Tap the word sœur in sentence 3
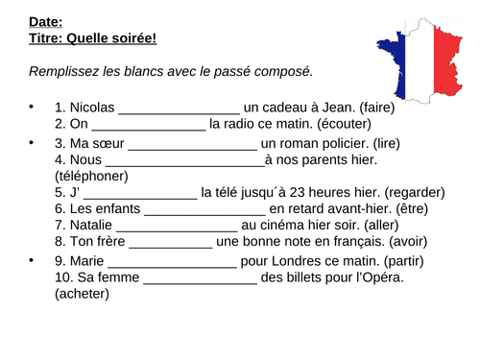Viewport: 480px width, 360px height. [x=106, y=143]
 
